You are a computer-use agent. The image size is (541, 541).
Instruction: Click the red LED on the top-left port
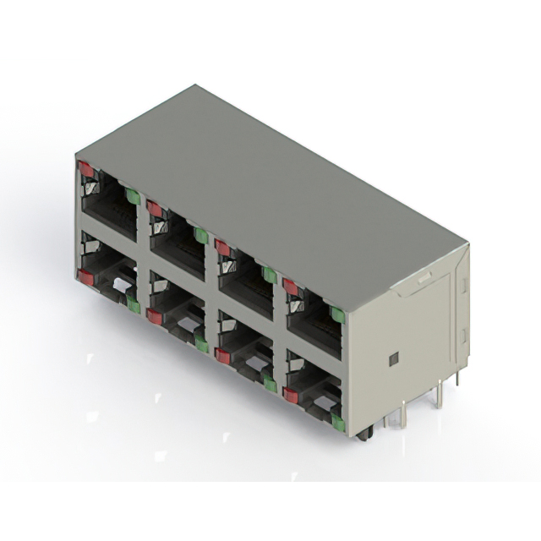click(x=86, y=169)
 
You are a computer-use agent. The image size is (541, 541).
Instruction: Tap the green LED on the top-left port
click(x=133, y=196)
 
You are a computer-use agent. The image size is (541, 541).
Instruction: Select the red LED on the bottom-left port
click(x=86, y=276)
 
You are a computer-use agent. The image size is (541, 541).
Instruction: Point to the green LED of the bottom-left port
click(x=134, y=305)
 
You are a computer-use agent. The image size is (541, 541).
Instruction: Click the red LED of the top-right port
click(x=291, y=287)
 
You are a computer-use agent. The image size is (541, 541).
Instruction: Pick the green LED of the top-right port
click(x=337, y=314)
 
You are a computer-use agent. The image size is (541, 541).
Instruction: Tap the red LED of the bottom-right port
click(x=291, y=395)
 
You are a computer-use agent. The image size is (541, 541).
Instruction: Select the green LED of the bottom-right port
click(x=338, y=422)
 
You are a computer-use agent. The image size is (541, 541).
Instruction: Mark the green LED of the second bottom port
click(x=201, y=343)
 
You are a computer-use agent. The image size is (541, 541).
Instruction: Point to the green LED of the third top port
click(x=269, y=275)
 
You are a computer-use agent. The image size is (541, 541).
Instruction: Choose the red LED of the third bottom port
click(x=222, y=355)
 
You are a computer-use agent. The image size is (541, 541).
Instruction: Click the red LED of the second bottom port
click(x=154, y=316)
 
